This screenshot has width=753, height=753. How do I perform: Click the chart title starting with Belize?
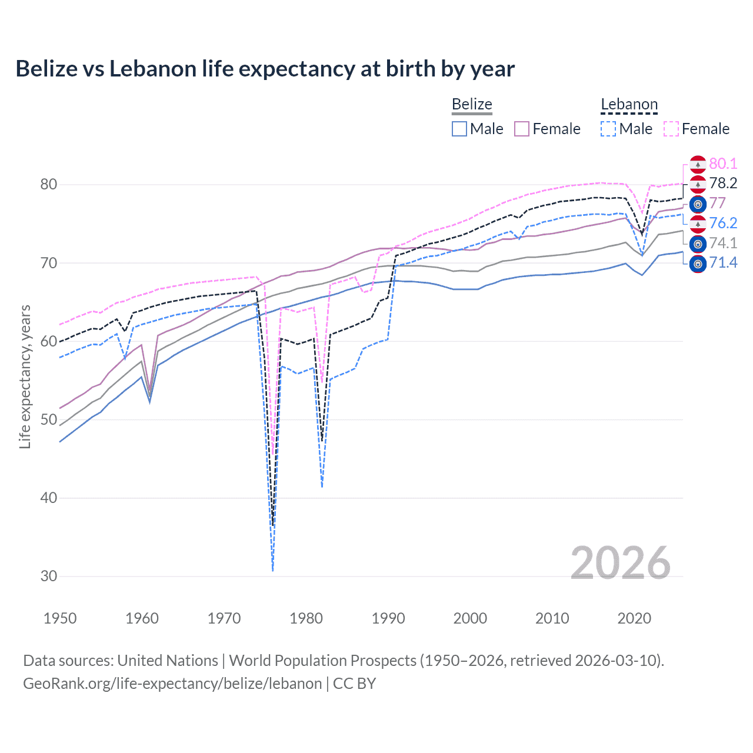[x=265, y=69]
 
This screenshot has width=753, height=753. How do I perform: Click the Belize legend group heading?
[x=472, y=105]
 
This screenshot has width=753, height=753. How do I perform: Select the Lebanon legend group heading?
[x=629, y=105]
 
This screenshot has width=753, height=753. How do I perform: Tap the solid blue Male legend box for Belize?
[x=459, y=129]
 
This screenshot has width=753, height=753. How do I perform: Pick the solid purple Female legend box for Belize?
[x=522, y=129]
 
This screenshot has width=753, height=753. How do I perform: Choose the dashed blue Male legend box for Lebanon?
[x=609, y=129]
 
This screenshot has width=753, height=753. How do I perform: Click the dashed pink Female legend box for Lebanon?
[x=671, y=129]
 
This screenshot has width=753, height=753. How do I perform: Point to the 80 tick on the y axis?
[x=49, y=185]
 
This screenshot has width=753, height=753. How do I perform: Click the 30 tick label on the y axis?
[x=49, y=577]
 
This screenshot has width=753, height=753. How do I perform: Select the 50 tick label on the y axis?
[x=49, y=420]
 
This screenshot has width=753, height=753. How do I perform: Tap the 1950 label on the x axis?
[x=60, y=618]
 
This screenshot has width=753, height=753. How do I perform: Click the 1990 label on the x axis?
[x=388, y=618]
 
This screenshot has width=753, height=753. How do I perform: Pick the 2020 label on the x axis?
[x=634, y=618]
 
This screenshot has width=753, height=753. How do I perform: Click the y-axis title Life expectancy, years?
[x=25, y=376]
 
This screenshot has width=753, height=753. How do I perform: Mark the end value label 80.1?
[x=723, y=164]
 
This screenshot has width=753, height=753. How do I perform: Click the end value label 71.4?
[x=723, y=262]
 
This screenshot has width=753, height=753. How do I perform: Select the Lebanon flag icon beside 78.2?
[x=698, y=184]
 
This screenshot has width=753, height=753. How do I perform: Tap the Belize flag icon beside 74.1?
[x=698, y=244]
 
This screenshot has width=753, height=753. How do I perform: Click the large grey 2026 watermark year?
[x=621, y=563]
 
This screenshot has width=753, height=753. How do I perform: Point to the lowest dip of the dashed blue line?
[x=273, y=570]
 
